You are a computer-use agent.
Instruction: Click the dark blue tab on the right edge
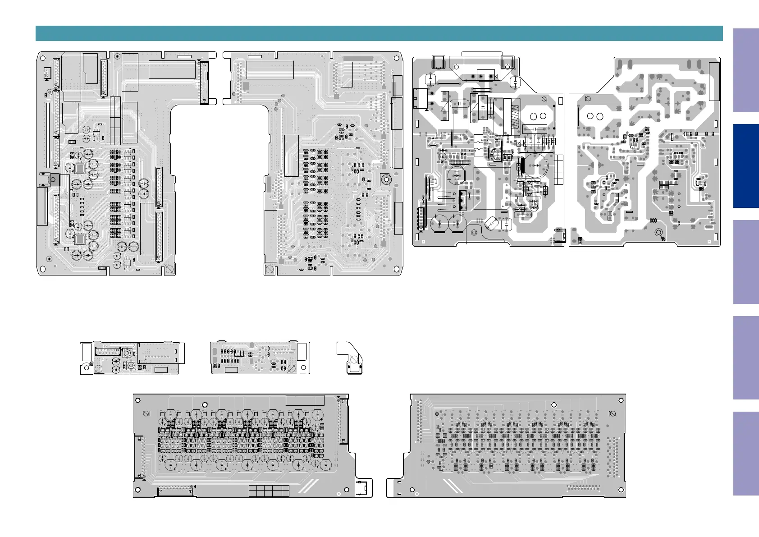coord(745,165)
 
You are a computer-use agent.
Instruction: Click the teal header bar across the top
coord(379,33)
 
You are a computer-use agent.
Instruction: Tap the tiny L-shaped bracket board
coord(351,358)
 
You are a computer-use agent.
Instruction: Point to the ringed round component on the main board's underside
coord(385,179)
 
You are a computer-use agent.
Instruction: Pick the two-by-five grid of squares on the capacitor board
coord(269,491)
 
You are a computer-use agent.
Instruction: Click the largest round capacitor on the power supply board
coord(535,166)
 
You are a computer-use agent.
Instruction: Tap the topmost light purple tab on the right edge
coord(745,70)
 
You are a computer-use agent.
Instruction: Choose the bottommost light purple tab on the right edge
coord(745,454)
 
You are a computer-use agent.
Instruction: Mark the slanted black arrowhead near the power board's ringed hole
coord(663,239)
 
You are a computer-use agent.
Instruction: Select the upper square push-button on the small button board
coord(128,353)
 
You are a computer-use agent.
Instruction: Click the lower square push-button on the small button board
coord(131,366)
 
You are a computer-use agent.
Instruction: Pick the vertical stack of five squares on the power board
coord(559,170)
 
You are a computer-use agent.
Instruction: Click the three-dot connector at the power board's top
coord(481,76)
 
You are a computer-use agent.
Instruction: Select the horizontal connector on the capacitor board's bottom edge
coord(176,491)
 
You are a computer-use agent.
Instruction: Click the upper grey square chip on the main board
coord(80,168)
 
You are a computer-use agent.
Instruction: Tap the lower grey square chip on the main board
coord(80,239)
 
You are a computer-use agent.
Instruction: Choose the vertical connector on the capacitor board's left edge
coord(139,456)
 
